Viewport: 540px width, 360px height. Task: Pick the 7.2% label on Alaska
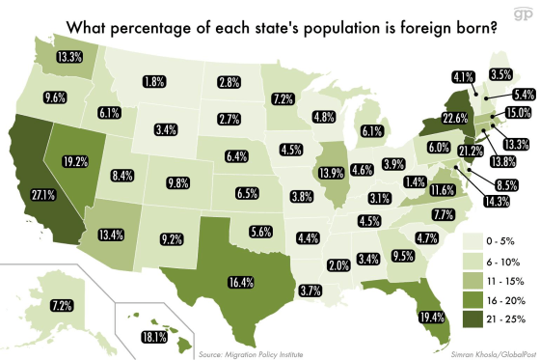[35, 305]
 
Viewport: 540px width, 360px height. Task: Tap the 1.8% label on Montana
[151, 83]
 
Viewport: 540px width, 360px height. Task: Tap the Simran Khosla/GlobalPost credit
[485, 353]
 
